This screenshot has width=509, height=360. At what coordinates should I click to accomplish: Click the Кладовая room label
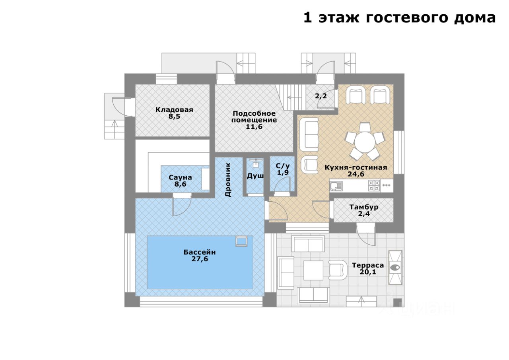click(x=174, y=110)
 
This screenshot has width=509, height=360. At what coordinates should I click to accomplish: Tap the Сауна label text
click(x=180, y=177)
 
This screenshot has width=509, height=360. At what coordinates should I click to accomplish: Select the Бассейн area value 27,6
click(x=200, y=259)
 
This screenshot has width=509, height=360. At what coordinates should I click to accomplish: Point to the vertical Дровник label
click(x=228, y=180)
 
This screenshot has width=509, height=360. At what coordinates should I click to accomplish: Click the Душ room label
click(x=255, y=176)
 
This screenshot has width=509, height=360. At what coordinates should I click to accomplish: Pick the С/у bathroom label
click(x=283, y=166)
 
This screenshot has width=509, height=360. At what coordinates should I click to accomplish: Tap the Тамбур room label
click(x=364, y=207)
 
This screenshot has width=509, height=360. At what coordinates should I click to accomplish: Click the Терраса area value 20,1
click(x=368, y=272)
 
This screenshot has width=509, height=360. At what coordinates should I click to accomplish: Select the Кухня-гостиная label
click(x=356, y=168)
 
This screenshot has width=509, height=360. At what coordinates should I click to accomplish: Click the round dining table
click(x=365, y=142)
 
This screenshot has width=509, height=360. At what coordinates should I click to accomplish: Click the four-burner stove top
click(x=374, y=185)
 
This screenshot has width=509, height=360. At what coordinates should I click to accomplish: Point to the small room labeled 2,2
click(x=320, y=97)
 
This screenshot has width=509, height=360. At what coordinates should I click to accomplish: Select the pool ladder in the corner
click(x=241, y=241)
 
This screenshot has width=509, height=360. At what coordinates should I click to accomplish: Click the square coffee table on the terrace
click(x=313, y=270)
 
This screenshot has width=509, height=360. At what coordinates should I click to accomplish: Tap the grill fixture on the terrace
click(x=395, y=267)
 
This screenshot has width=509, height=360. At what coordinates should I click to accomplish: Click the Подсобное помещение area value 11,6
click(x=254, y=127)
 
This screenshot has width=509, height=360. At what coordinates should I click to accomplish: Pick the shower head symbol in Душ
click(x=257, y=163)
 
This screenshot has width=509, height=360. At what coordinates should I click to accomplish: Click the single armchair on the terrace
click(x=338, y=270)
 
